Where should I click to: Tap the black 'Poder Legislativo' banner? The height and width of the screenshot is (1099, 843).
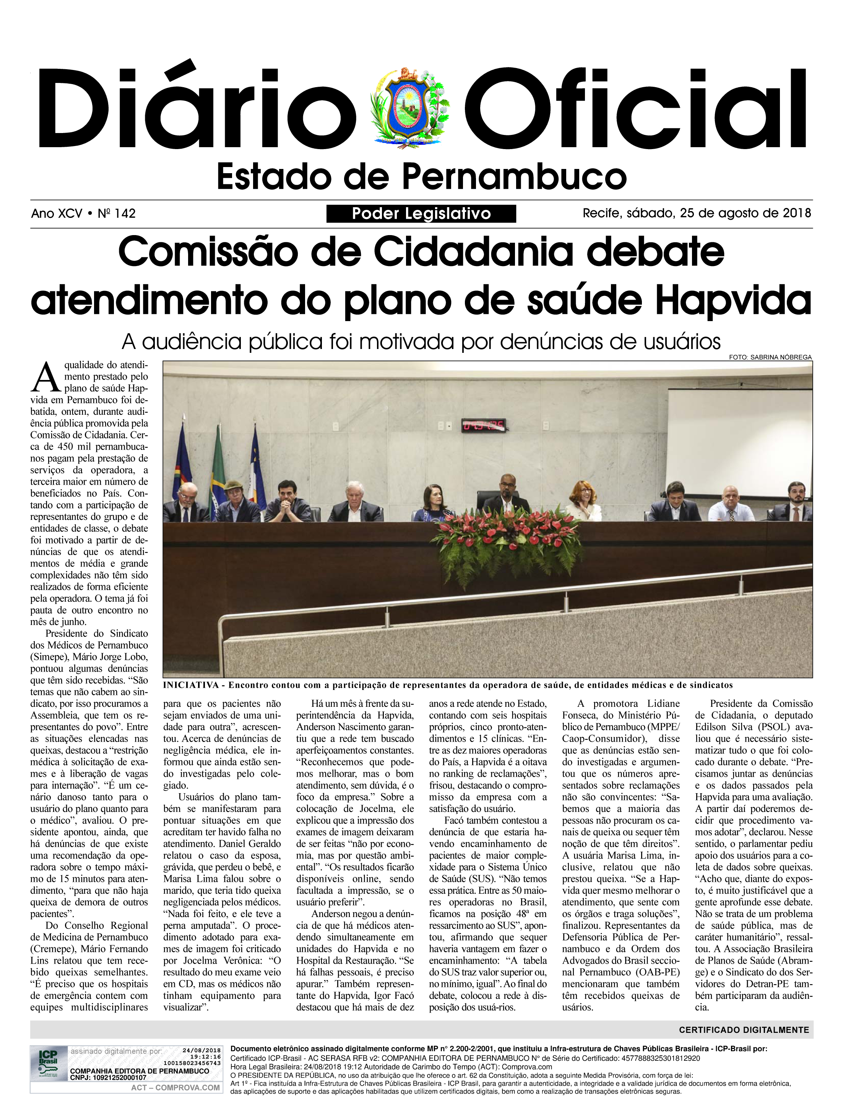tap(421, 214)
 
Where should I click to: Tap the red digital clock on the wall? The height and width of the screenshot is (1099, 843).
tap(483, 426)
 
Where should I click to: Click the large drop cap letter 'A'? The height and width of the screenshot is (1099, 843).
tap(46, 377)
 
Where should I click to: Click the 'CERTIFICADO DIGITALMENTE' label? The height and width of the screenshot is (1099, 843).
tap(744, 1030)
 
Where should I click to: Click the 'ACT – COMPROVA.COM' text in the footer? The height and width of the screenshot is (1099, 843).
tap(175, 1088)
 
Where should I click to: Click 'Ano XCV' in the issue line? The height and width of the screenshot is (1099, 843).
tap(57, 214)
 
